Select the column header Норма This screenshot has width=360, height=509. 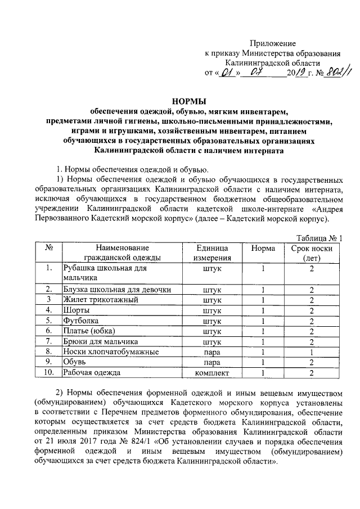click(263, 248)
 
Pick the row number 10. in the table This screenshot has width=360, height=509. click(49, 372)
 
